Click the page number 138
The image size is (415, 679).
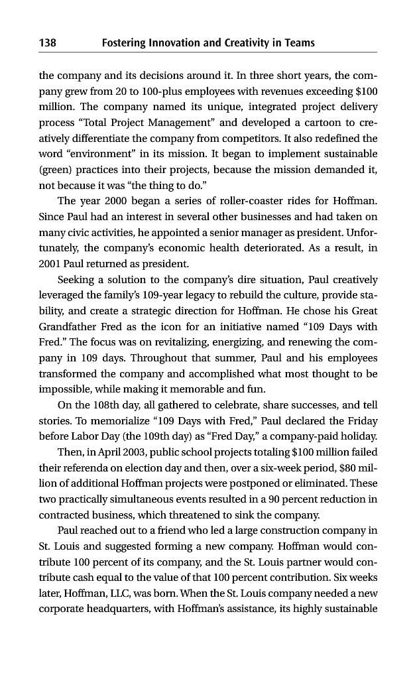pyautogui.click(x=48, y=43)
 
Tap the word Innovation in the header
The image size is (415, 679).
pyautogui.click(x=170, y=43)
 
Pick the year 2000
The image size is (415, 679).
pyautogui.click(x=104, y=201)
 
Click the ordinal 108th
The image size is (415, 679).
pyautogui.click(x=98, y=405)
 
